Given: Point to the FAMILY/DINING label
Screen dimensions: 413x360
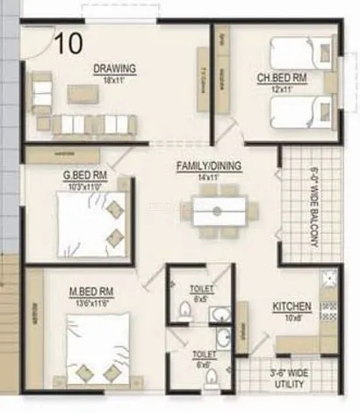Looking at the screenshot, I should tap(209, 167).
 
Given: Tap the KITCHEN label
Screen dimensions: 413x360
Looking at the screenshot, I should tap(292, 306).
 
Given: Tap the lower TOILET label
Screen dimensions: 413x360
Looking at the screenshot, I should tap(204, 354).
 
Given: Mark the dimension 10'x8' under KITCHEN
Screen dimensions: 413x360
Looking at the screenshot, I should tap(292, 318).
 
